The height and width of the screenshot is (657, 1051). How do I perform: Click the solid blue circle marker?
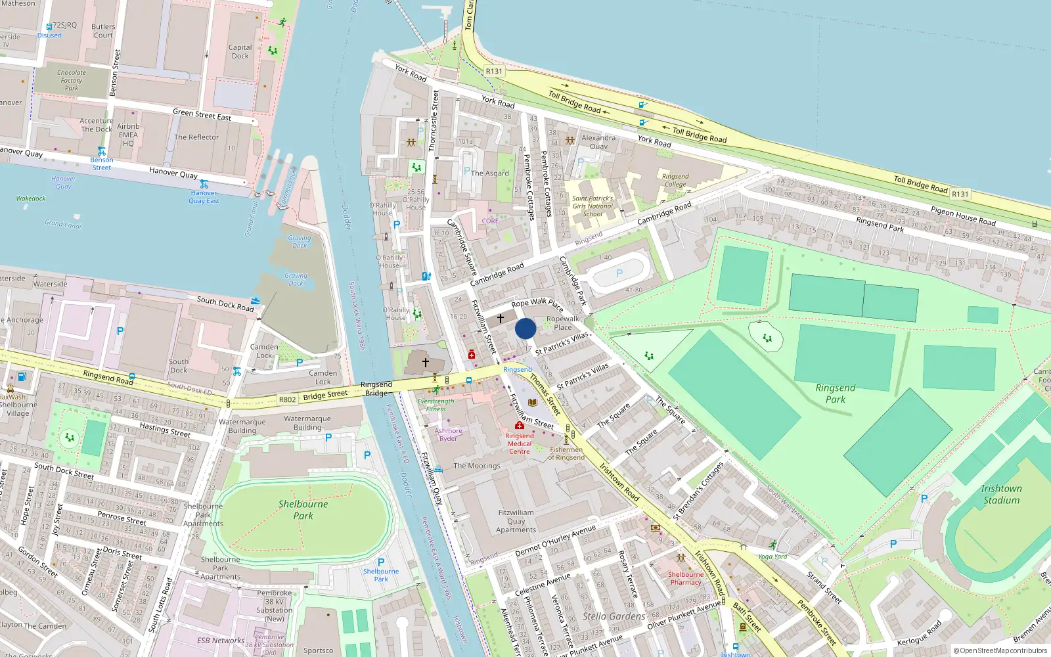[525, 328]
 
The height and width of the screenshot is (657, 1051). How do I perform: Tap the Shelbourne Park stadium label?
[303, 510]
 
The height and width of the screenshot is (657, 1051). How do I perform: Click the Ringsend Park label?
[836, 394]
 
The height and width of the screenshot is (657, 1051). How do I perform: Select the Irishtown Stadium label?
[1001, 494]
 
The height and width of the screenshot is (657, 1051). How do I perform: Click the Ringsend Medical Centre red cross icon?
[519, 426]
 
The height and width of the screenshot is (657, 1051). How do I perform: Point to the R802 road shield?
[287, 399]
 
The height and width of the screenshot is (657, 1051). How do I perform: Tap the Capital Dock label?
[240, 52]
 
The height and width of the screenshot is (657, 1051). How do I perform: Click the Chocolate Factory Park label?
[71, 80]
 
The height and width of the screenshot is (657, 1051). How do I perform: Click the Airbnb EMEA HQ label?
[128, 135]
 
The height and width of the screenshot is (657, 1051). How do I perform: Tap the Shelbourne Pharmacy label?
[686, 578]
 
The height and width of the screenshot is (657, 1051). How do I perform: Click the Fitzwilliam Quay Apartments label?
[516, 521]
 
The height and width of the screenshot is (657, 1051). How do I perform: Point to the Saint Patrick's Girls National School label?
[593, 206]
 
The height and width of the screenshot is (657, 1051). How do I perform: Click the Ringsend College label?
[675, 180]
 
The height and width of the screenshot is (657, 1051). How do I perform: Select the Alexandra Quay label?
[598, 142]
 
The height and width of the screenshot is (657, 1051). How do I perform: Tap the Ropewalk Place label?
[563, 323]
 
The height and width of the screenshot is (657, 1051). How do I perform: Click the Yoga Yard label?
[772, 556]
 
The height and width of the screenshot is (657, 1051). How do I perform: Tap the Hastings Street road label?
[165, 430]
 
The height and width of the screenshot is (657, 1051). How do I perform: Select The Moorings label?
[477, 466]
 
